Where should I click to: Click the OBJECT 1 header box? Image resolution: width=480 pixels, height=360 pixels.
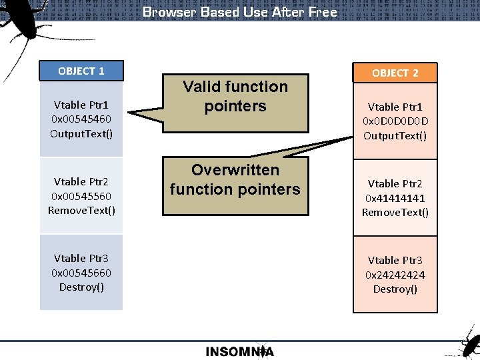point(81,71)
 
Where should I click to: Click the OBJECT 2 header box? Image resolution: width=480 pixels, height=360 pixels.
point(395,73)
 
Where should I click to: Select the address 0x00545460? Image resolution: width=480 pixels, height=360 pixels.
point(81,119)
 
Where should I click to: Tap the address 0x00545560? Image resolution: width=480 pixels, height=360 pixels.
point(81,196)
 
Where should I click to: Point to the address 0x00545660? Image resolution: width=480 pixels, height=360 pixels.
point(81,273)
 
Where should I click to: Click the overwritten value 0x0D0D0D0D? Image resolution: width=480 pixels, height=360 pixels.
point(395,121)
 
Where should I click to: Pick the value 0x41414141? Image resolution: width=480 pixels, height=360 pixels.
point(395,198)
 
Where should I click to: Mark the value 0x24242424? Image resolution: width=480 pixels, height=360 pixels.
point(395,275)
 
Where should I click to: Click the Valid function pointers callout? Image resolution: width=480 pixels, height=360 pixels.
point(235,97)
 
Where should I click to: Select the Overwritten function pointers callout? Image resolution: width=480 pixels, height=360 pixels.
point(235,180)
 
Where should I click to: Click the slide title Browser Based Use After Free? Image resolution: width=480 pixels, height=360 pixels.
point(240,12)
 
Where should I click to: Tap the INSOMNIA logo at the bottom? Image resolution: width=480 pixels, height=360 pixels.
point(240,351)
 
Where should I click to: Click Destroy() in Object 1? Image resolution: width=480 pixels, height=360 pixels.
point(81,287)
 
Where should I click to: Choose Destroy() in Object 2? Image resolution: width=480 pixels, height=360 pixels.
point(395,289)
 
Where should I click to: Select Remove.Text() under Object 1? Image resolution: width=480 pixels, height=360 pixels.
point(81,211)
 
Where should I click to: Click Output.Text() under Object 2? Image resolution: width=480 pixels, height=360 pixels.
point(395,136)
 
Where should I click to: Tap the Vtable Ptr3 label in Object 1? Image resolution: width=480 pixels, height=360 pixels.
point(81,258)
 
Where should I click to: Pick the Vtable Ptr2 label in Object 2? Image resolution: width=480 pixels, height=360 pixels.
point(395,183)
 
